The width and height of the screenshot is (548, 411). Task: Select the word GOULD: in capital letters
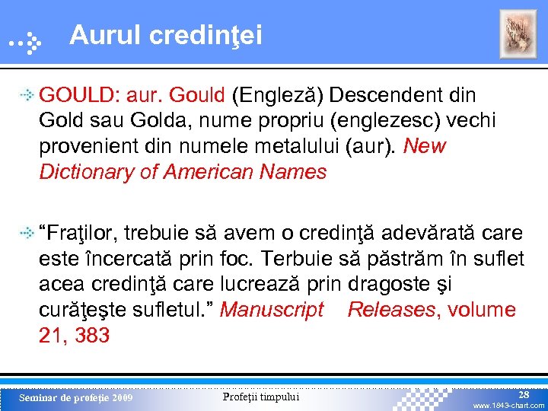[x=78, y=95]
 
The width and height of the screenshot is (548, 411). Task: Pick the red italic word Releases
[x=391, y=311]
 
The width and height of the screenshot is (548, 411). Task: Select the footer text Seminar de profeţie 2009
[x=75, y=398]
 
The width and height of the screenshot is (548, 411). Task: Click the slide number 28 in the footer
[x=524, y=395]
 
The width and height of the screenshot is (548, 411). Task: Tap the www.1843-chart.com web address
[x=509, y=406]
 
